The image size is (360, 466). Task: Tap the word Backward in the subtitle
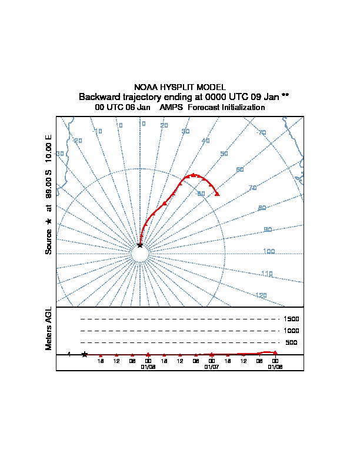(x=98, y=96)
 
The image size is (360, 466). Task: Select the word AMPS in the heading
(x=171, y=108)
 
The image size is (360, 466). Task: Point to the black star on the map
(x=139, y=244)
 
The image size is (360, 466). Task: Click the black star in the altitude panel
(x=85, y=354)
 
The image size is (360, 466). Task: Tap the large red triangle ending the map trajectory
(x=218, y=194)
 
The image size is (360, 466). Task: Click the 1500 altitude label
(x=291, y=319)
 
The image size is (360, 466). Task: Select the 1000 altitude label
(x=291, y=331)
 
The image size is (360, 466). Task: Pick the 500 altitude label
(x=291, y=342)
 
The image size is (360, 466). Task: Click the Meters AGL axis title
(x=49, y=329)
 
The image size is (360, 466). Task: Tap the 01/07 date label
(x=211, y=367)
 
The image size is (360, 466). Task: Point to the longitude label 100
(x=269, y=252)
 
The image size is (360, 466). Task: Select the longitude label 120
(x=261, y=295)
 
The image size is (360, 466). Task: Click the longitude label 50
(x=224, y=154)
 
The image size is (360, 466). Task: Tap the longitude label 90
(x=268, y=229)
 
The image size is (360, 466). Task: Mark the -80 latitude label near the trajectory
(x=201, y=194)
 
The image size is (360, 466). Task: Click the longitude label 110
(x=267, y=274)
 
